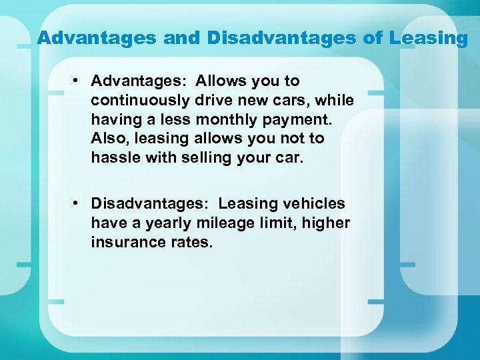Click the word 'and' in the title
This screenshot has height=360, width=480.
pos(182,38)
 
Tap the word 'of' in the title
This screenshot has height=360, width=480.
pos(373,38)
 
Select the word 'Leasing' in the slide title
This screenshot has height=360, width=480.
pos(429,39)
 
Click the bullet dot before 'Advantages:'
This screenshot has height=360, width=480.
pos(78,81)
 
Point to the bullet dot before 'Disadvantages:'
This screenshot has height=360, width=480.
pos(78,203)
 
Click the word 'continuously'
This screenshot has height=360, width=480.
pos(140,101)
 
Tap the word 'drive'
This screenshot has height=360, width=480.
pos(216,100)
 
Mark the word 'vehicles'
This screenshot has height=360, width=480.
pos(317,203)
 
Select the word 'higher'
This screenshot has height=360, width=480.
pos(326,223)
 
